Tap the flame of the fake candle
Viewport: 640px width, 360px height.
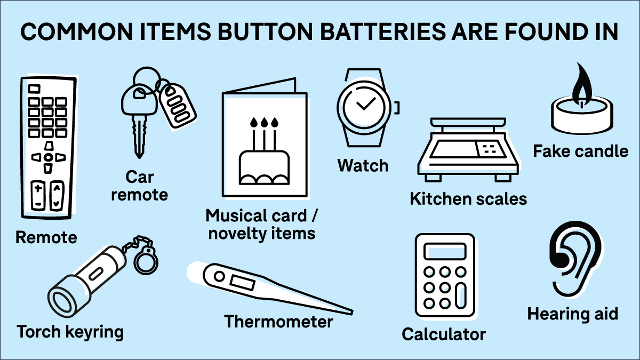(x=582, y=84)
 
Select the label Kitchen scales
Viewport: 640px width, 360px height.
(x=468, y=198)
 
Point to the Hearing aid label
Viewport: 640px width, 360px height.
(x=573, y=314)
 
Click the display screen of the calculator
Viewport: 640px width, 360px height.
(x=445, y=252)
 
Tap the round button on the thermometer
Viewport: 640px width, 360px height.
(x=219, y=276)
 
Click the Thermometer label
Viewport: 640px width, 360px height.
(x=278, y=322)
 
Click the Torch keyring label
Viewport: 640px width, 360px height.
(x=70, y=332)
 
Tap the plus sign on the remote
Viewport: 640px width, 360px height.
(x=38, y=188)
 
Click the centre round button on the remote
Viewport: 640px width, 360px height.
(x=49, y=157)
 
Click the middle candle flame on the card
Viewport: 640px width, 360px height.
(x=264, y=122)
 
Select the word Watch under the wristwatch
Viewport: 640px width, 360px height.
(x=363, y=165)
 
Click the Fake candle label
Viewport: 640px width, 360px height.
(x=581, y=151)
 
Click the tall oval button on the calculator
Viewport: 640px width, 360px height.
(x=461, y=295)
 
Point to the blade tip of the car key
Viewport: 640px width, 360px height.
(x=139, y=157)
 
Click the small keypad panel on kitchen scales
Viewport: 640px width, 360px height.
(x=489, y=149)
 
